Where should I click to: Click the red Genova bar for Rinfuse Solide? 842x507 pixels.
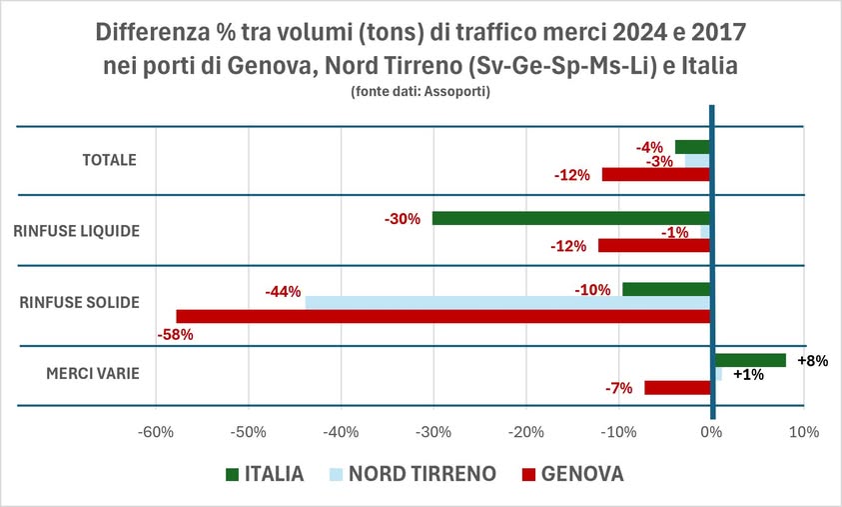pyautogui.click(x=442, y=316)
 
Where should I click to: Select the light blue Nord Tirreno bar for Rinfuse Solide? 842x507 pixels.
pyautogui.click(x=506, y=302)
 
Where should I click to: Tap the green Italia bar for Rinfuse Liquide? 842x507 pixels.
pyautogui.click(x=570, y=217)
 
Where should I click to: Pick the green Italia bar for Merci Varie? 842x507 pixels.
pyautogui.click(x=750, y=360)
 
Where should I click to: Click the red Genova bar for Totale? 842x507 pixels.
pyautogui.click(x=655, y=174)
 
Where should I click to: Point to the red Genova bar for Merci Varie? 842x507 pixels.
pyautogui.click(x=676, y=387)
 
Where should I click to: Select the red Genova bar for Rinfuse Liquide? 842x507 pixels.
pyautogui.click(x=653, y=245)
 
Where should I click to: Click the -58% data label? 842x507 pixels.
pyautogui.click(x=175, y=334)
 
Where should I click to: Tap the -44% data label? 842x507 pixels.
pyautogui.click(x=283, y=291)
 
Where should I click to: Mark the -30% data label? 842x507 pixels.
pyautogui.click(x=404, y=218)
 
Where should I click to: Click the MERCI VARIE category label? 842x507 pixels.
pyautogui.click(x=92, y=374)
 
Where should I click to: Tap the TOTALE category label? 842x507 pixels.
pyautogui.click(x=110, y=160)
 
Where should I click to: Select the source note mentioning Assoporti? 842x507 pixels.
pyautogui.click(x=421, y=91)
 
